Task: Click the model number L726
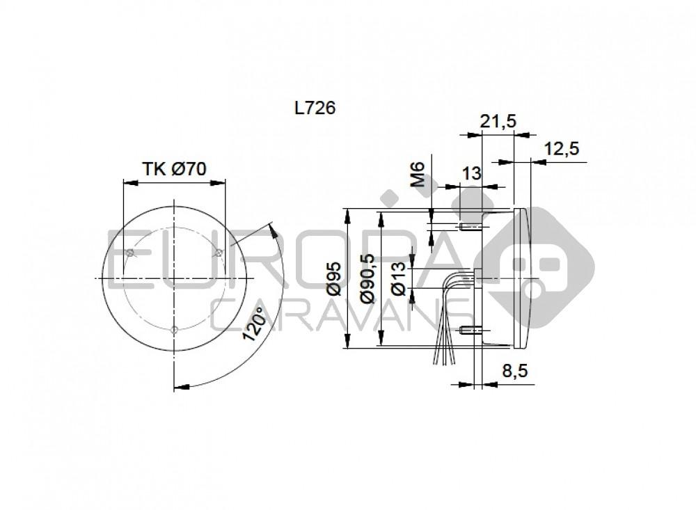point(315,108)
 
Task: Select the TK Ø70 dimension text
point(174,168)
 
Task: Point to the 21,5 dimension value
point(498,121)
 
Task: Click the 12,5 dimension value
point(562,148)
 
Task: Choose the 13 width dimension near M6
point(472,173)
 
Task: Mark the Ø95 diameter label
point(333,279)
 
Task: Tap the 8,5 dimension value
point(514,372)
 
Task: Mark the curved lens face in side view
point(528,278)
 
